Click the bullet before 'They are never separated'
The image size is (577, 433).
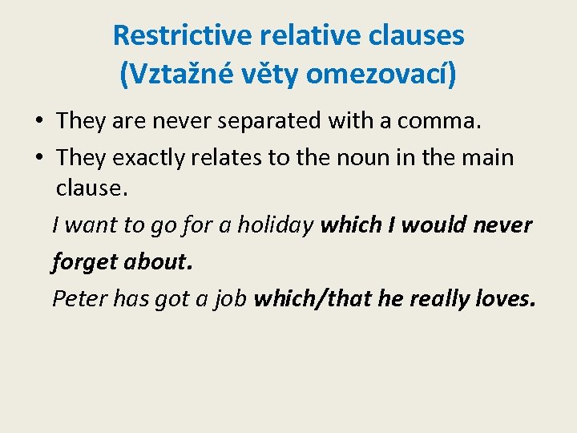click(x=38, y=122)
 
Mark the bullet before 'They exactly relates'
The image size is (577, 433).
click(x=38, y=158)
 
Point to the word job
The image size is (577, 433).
click(x=230, y=299)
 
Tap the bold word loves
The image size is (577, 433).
click(x=503, y=298)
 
